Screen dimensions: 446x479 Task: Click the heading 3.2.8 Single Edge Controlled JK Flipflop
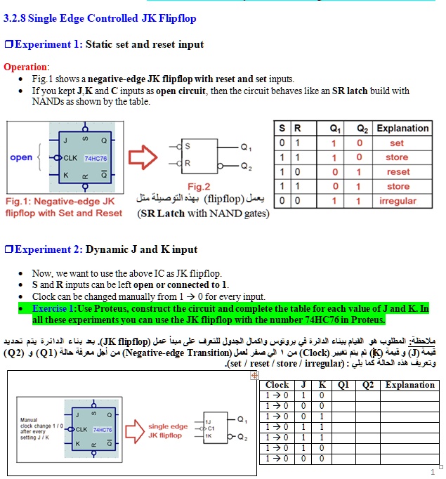[100, 18]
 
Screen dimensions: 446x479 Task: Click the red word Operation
[25, 67]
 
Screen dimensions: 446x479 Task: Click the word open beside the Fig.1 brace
[21, 157]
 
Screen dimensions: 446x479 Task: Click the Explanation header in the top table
[402, 129]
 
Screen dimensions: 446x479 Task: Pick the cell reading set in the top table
[397, 143]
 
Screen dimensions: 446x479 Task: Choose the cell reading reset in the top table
[398, 171]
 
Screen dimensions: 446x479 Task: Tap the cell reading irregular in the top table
[398, 201]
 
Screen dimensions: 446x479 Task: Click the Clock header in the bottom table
[277, 385]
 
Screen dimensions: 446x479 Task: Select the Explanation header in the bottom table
[409, 385]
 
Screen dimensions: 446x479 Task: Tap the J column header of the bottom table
[303, 385]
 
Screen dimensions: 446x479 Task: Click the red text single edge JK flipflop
[168, 431]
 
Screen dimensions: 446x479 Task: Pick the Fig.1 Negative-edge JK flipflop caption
[63, 207]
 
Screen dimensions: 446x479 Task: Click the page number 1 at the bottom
[433, 472]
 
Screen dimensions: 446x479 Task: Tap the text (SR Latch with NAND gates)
[203, 213]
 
